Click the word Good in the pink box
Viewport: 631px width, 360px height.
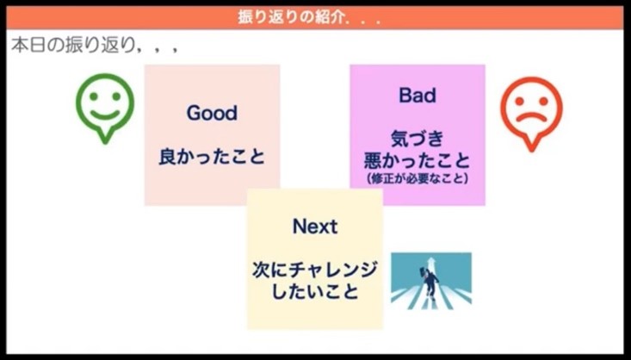(x=212, y=114)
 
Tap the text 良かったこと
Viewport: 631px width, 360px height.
(x=212, y=158)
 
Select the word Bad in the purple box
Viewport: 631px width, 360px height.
(x=417, y=96)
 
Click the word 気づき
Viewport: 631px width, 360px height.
(x=417, y=139)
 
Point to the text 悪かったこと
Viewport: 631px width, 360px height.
(x=417, y=160)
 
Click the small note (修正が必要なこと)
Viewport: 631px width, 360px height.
(x=417, y=179)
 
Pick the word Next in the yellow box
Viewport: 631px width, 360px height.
(x=315, y=227)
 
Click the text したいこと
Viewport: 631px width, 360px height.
(x=315, y=292)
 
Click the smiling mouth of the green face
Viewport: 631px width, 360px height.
(x=105, y=114)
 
